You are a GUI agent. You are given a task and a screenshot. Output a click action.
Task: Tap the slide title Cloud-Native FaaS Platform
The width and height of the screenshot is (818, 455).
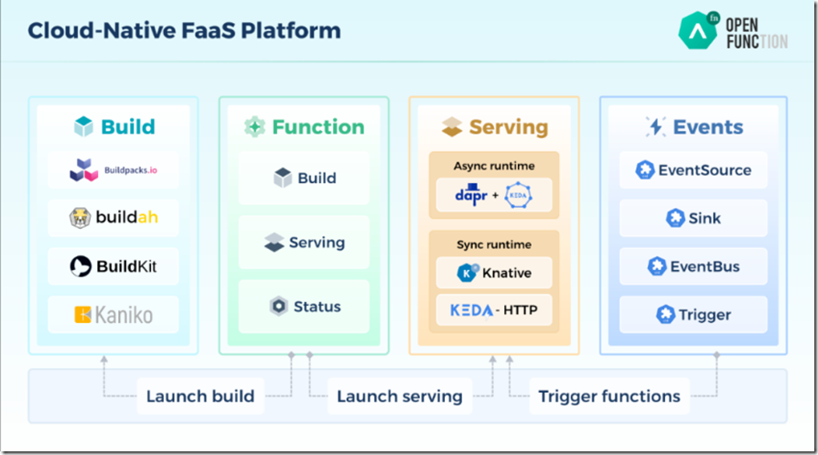point(184,30)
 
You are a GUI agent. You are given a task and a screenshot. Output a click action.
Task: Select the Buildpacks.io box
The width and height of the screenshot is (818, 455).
point(113,170)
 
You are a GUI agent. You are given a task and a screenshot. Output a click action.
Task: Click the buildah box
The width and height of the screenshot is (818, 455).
point(113,218)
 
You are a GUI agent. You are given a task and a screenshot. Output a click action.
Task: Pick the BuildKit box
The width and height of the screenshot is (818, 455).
point(113,266)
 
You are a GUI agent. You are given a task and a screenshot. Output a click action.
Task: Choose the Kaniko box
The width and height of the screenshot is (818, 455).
point(113,315)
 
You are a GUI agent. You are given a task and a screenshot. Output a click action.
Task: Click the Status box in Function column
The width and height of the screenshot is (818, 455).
point(304,306)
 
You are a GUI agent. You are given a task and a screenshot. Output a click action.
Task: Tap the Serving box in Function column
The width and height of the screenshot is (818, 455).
point(304,243)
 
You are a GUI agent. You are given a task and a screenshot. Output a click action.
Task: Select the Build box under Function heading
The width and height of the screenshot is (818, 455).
point(304,179)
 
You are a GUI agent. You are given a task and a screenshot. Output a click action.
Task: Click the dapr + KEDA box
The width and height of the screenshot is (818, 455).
point(494,195)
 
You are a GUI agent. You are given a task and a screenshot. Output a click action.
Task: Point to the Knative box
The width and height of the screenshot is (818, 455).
point(494,272)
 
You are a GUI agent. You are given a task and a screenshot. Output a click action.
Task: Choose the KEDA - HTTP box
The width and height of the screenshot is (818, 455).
point(494,310)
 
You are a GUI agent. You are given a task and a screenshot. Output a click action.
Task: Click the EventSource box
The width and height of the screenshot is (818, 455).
point(694,170)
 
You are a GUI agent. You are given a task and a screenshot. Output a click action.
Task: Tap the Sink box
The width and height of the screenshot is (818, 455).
point(694,218)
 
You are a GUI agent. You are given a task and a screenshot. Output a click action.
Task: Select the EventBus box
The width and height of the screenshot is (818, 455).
point(694,266)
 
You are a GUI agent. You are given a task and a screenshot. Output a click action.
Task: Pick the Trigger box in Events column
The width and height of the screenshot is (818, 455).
point(694,315)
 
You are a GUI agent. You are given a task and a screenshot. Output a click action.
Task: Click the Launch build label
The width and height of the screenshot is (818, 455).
point(200,396)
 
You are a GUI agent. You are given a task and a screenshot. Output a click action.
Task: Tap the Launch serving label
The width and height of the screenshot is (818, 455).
point(399,396)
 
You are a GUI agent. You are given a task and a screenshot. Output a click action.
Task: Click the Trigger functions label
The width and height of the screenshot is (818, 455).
point(608,396)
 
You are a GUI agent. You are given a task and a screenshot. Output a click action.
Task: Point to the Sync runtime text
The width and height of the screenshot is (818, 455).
point(494,245)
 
